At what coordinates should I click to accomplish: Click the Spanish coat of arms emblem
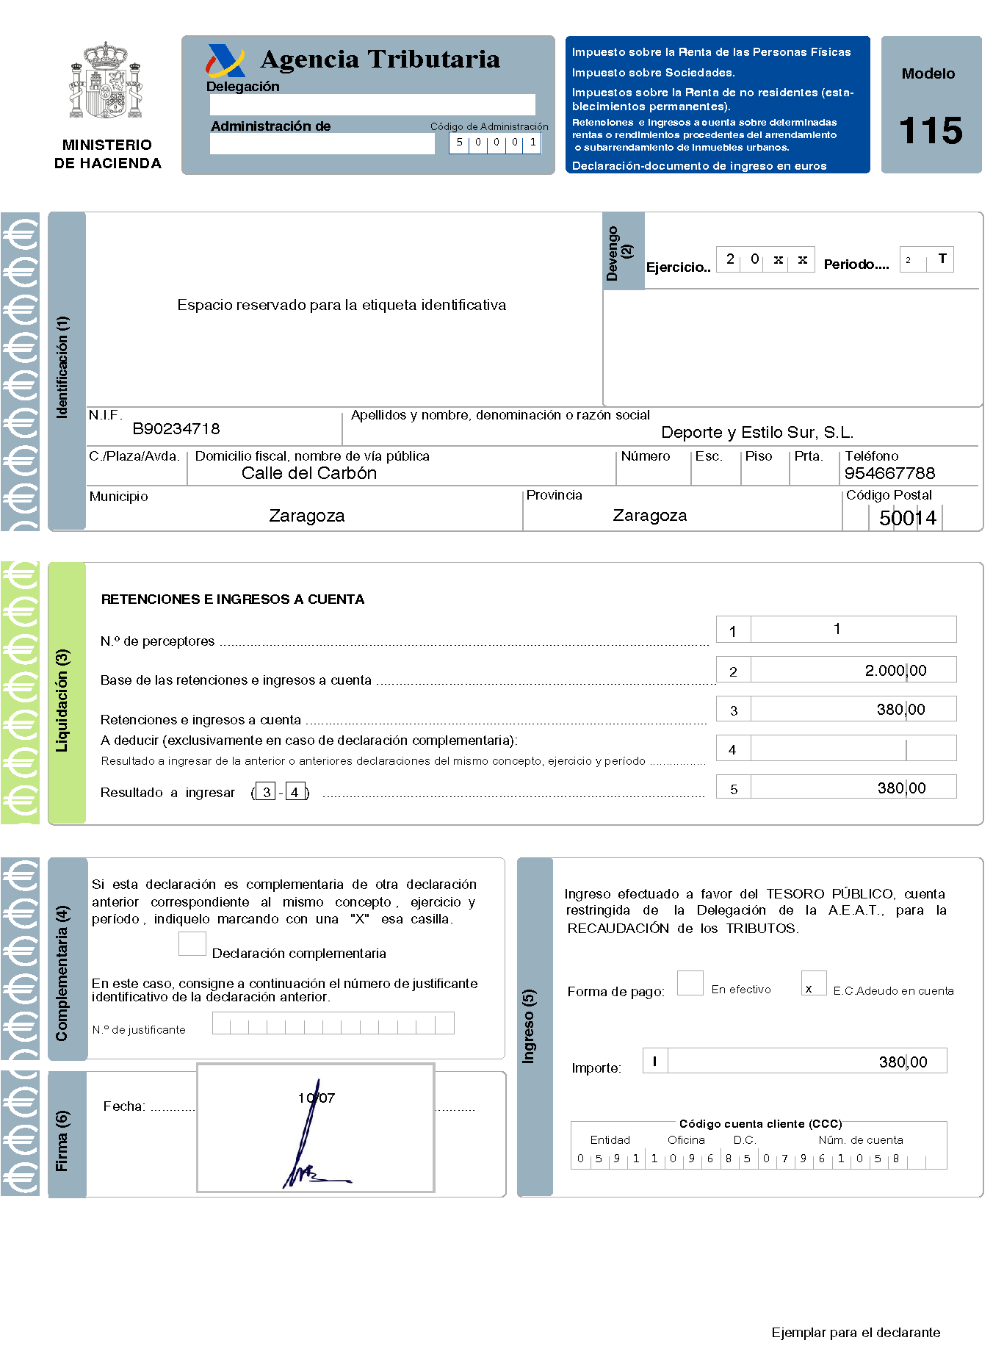coord(106,81)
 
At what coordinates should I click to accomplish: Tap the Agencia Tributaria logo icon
coord(225,61)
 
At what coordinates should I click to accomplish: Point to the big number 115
coord(931,131)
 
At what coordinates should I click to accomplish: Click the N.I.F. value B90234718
coord(176,429)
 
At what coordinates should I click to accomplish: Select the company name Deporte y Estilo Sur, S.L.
coord(757,432)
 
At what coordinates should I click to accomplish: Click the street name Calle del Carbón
coord(309,473)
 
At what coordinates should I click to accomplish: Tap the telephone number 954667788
coord(889,473)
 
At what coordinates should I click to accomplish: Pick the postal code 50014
coord(908,518)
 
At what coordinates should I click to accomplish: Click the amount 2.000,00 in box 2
coord(895,670)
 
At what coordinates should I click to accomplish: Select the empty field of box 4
coord(852,749)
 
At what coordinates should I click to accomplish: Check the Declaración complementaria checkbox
coord(192,944)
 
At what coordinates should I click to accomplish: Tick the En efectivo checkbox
coord(690,983)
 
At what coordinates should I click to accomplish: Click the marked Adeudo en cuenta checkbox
coord(813,984)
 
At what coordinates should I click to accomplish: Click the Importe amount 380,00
coord(903,1062)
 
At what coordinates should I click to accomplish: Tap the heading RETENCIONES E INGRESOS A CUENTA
coord(233,599)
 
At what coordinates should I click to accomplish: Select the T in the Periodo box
coord(942,259)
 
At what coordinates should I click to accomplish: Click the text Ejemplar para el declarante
coord(856,1333)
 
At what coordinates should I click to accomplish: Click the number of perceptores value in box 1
coord(837,629)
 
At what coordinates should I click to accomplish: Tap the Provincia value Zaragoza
coord(649,516)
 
